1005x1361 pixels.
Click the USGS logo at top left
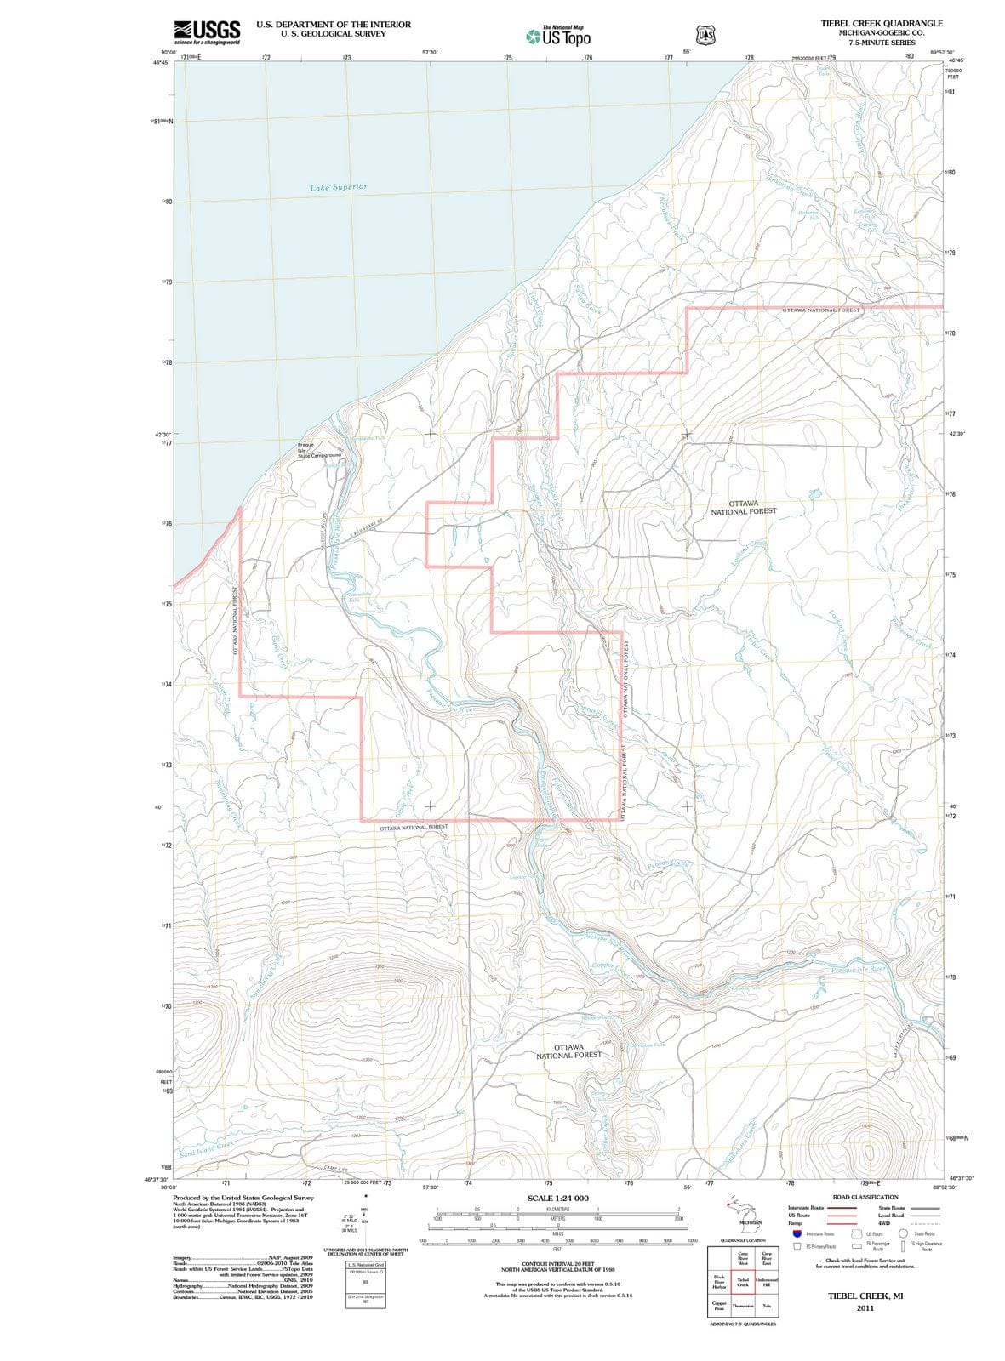click(205, 31)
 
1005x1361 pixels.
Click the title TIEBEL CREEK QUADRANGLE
click(882, 23)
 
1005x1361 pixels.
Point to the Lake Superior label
click(339, 186)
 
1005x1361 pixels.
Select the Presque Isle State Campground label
click(318, 450)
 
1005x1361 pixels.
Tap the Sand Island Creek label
click(207, 1146)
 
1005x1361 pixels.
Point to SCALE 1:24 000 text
click(557, 1198)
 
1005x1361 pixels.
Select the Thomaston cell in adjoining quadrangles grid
click(743, 1306)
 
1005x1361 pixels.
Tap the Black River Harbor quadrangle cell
click(719, 1282)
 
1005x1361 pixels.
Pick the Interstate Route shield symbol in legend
click(797, 1233)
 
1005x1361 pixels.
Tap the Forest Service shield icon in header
click(705, 35)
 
